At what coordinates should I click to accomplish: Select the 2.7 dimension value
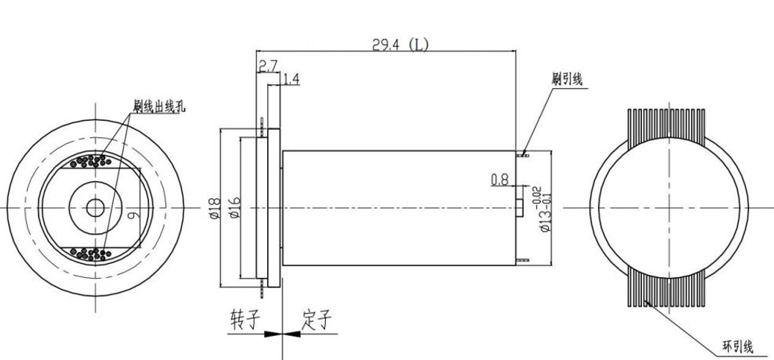267,66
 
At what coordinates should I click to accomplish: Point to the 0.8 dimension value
499,178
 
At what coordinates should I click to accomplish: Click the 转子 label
245,320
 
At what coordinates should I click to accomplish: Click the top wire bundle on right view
668,124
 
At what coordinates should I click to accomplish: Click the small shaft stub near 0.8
519,208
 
